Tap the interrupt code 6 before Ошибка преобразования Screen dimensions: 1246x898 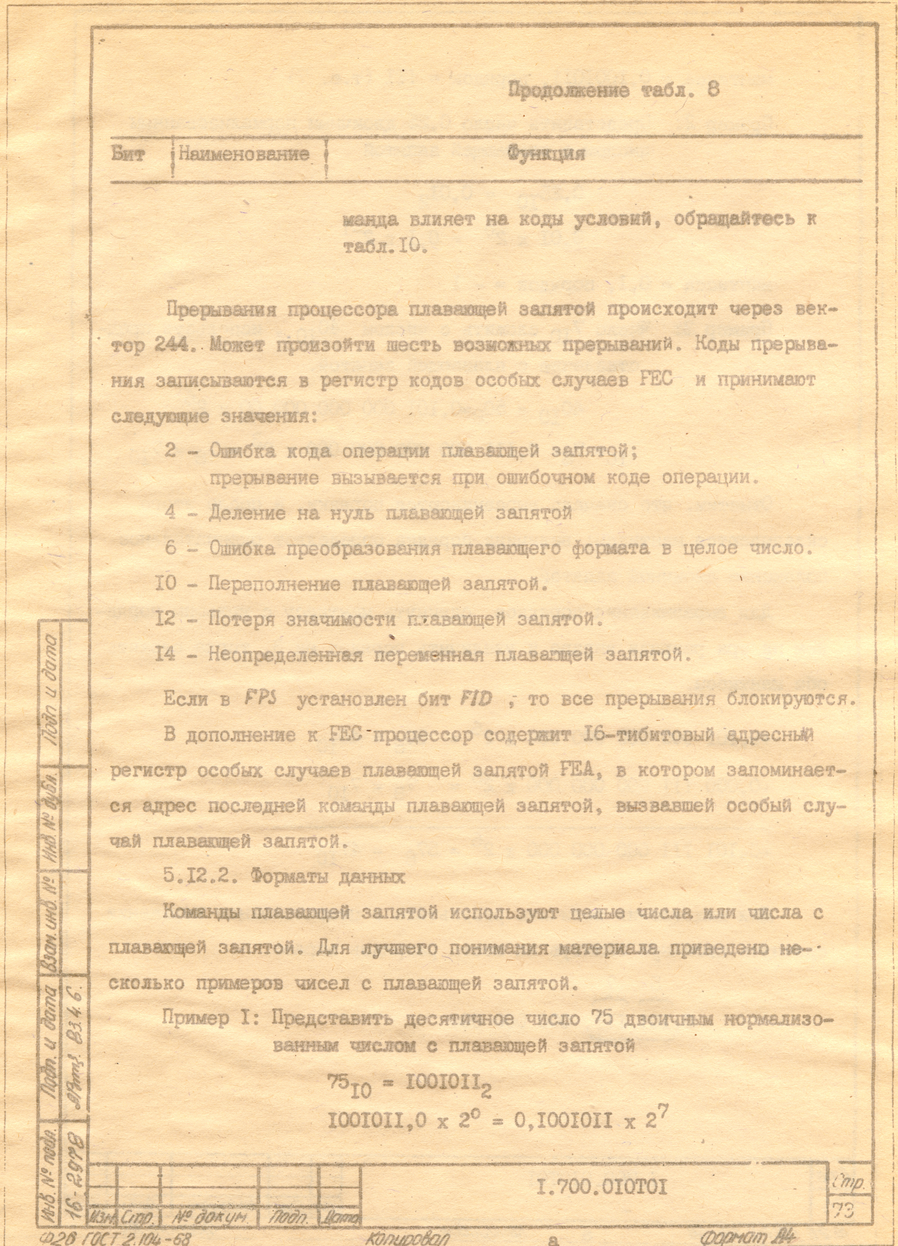pos(171,548)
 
